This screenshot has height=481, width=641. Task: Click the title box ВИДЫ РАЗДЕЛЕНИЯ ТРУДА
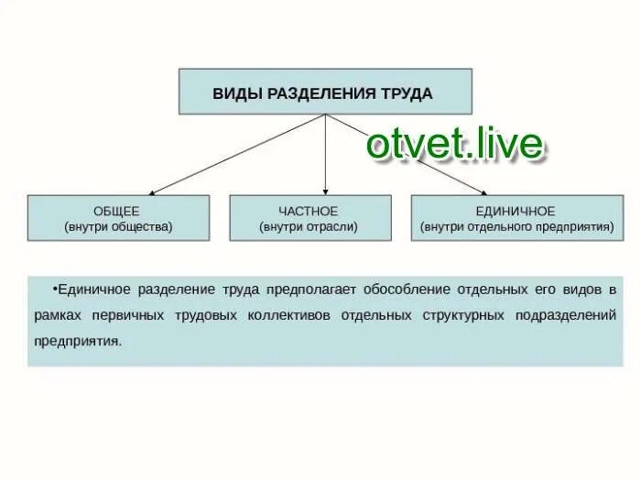point(325,92)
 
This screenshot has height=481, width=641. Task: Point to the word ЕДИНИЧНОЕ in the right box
point(516,212)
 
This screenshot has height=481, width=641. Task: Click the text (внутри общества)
point(118,226)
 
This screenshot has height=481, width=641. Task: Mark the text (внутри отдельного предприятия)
point(516,226)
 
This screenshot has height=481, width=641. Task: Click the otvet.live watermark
point(454,144)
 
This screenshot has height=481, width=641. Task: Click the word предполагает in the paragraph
point(311,290)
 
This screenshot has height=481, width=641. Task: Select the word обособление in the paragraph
point(404,290)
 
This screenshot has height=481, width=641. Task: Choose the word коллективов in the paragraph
point(290,315)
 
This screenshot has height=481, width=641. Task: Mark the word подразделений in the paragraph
point(566,315)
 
